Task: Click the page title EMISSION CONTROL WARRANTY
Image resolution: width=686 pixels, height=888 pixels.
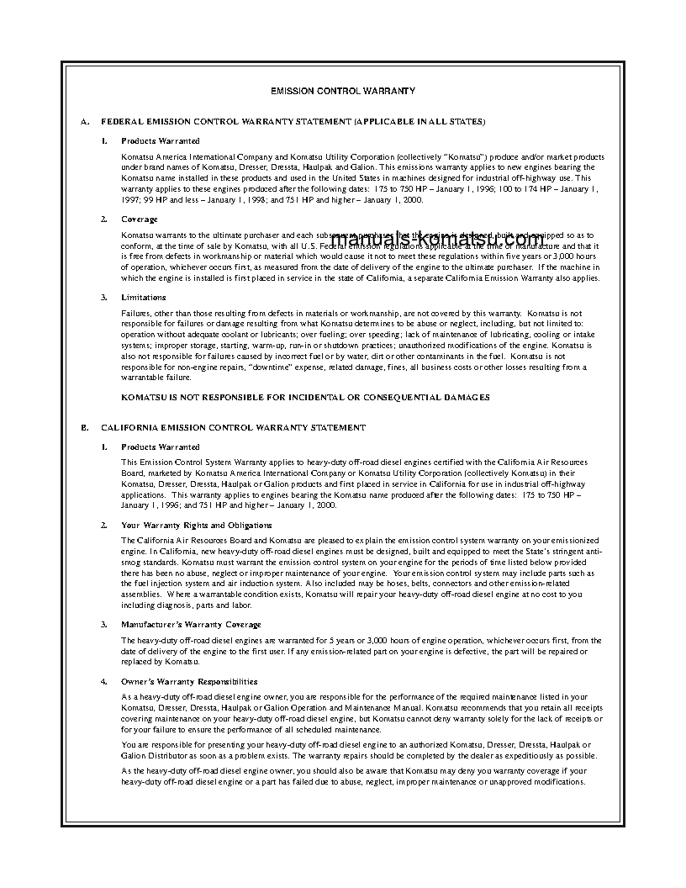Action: pos(342,90)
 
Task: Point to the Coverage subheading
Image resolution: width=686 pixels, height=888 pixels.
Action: pos(140,219)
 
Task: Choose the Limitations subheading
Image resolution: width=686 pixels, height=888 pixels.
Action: pos(144,297)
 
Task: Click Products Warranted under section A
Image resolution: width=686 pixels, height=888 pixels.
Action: pos(161,140)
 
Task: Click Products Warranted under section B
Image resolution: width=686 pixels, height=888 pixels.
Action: pos(161,447)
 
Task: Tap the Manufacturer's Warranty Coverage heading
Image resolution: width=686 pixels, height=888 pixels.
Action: pos(191,624)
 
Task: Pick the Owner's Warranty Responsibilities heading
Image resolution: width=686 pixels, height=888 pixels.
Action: pos(189,681)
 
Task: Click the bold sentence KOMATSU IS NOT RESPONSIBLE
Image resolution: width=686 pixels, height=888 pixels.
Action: pos(305,397)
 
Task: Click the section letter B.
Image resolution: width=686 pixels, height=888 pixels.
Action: pos(84,427)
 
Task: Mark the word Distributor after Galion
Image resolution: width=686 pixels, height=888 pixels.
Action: pos(166,755)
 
